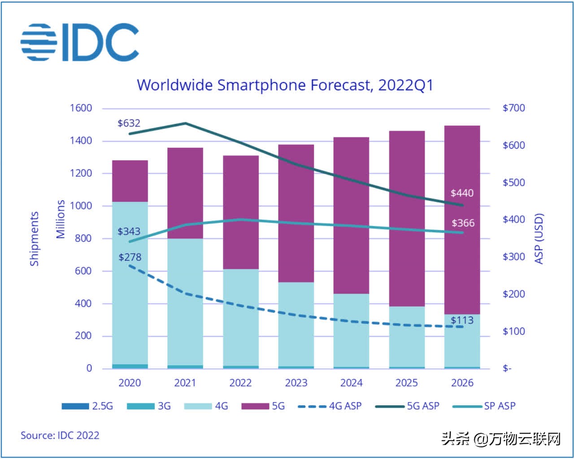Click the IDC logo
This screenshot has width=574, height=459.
pyautogui.click(x=79, y=42)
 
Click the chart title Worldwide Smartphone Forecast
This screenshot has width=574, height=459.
pyautogui.click(x=285, y=85)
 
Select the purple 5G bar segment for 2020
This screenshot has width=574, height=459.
pyautogui.click(x=130, y=181)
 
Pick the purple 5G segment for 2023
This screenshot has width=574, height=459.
pyautogui.click(x=296, y=213)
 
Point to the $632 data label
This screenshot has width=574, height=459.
pyautogui.click(x=129, y=123)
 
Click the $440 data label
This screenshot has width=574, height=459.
pyautogui.click(x=462, y=193)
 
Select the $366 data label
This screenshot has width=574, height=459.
pyautogui.click(x=463, y=223)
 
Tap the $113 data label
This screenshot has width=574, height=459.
pyautogui.click(x=462, y=320)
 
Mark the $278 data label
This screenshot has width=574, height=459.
pyautogui.click(x=130, y=257)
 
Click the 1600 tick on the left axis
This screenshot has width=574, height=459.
pyautogui.click(x=81, y=108)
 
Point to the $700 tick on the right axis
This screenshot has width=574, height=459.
pyautogui.click(x=513, y=108)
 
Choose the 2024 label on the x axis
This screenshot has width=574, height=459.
pyautogui.click(x=351, y=383)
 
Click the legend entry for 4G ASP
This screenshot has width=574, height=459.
pyautogui.click(x=330, y=406)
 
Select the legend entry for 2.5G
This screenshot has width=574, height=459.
pyautogui.click(x=87, y=406)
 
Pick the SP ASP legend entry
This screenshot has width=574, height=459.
pyautogui.click(x=484, y=406)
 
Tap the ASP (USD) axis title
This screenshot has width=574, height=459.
pyautogui.click(x=539, y=239)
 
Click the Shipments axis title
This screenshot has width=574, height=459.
pyautogui.click(x=35, y=239)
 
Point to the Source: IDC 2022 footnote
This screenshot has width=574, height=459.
pyautogui.click(x=60, y=435)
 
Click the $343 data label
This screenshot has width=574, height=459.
pyautogui.click(x=129, y=232)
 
